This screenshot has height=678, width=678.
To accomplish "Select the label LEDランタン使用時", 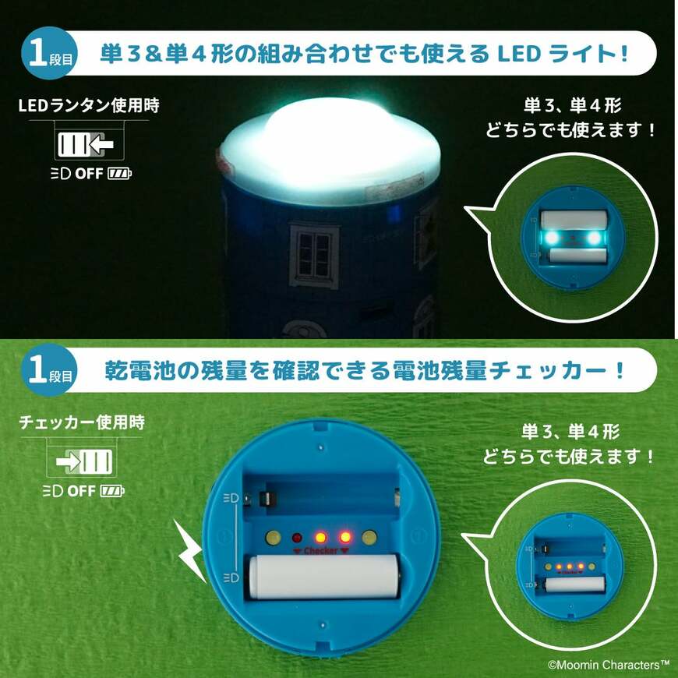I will [88, 105].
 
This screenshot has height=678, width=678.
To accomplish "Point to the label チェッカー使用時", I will [81, 423].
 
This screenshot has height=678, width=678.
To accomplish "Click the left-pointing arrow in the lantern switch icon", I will [99, 145].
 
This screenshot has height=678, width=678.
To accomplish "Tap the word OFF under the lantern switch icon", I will [87, 173].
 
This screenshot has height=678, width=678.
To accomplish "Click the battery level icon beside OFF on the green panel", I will [112, 491].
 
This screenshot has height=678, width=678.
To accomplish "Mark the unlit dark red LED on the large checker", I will [297, 538].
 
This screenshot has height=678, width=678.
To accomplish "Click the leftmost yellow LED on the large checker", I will [273, 538].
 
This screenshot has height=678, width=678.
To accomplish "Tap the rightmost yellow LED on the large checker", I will [369, 537].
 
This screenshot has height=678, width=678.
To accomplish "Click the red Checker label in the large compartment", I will [320, 551].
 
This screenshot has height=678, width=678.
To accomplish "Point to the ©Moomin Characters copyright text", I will [607, 664].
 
